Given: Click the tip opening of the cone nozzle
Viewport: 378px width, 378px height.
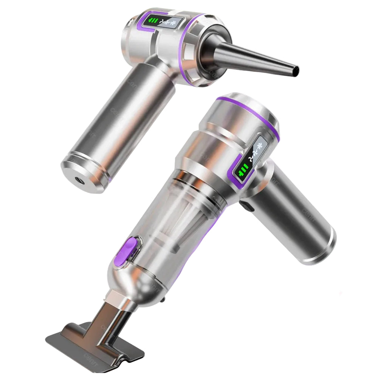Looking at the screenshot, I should tap(296, 70).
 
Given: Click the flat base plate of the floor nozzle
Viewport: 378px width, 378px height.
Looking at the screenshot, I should tap(94, 346).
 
